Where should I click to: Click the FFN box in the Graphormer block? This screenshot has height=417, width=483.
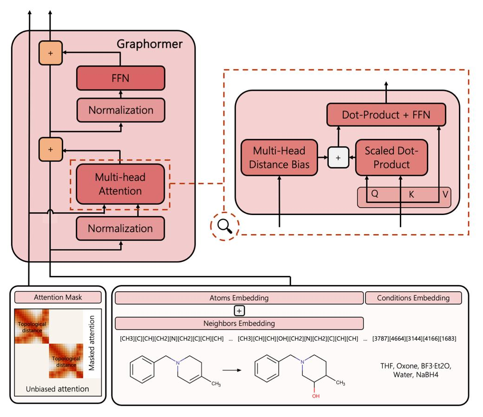[120, 78]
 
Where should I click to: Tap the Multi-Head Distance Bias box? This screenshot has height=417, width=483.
[279, 157]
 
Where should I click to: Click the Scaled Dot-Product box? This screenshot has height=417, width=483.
[391, 157]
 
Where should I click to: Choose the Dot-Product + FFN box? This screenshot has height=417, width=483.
[386, 115]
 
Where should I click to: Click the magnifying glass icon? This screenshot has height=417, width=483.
[225, 227]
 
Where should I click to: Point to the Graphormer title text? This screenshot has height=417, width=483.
[149, 45]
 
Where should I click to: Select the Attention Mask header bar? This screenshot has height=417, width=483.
[58, 297]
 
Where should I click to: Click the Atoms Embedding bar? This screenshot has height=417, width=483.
[239, 298]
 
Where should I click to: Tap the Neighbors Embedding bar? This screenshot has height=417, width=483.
[239, 323]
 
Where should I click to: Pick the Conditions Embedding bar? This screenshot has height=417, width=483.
[413, 298]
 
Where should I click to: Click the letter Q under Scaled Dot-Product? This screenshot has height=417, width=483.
[374, 194]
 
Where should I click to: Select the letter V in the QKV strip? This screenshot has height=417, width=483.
[445, 194]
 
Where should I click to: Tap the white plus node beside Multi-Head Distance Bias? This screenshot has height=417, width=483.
[338, 157]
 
